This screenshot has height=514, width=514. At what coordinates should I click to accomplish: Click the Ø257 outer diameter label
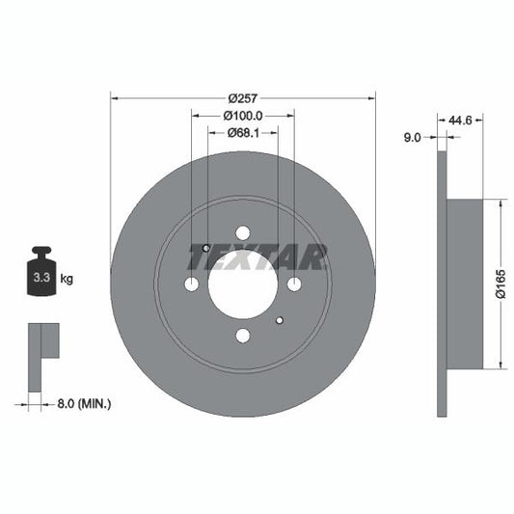point(242,97)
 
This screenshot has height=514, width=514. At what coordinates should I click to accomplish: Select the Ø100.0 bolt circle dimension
point(242,116)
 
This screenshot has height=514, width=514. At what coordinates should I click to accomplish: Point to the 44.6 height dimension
point(460,121)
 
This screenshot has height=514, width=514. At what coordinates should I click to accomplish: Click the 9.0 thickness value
point(412,138)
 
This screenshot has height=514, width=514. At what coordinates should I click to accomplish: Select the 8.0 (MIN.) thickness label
point(82,403)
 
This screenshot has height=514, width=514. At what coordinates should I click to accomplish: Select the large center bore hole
point(242,284)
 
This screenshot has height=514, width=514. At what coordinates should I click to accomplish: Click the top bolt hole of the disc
point(242,232)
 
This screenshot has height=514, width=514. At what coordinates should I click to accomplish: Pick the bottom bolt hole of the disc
point(242,335)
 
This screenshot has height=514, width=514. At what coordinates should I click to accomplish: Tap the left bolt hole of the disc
point(191,284)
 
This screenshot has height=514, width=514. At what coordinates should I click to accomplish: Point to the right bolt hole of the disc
point(293,284)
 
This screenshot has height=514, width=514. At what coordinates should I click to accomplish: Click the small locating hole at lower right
point(279,320)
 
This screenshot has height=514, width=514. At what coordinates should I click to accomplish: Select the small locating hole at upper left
point(206,248)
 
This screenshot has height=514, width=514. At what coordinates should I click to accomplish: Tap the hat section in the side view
point(465,284)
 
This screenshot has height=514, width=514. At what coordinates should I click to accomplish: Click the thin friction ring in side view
point(442,284)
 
